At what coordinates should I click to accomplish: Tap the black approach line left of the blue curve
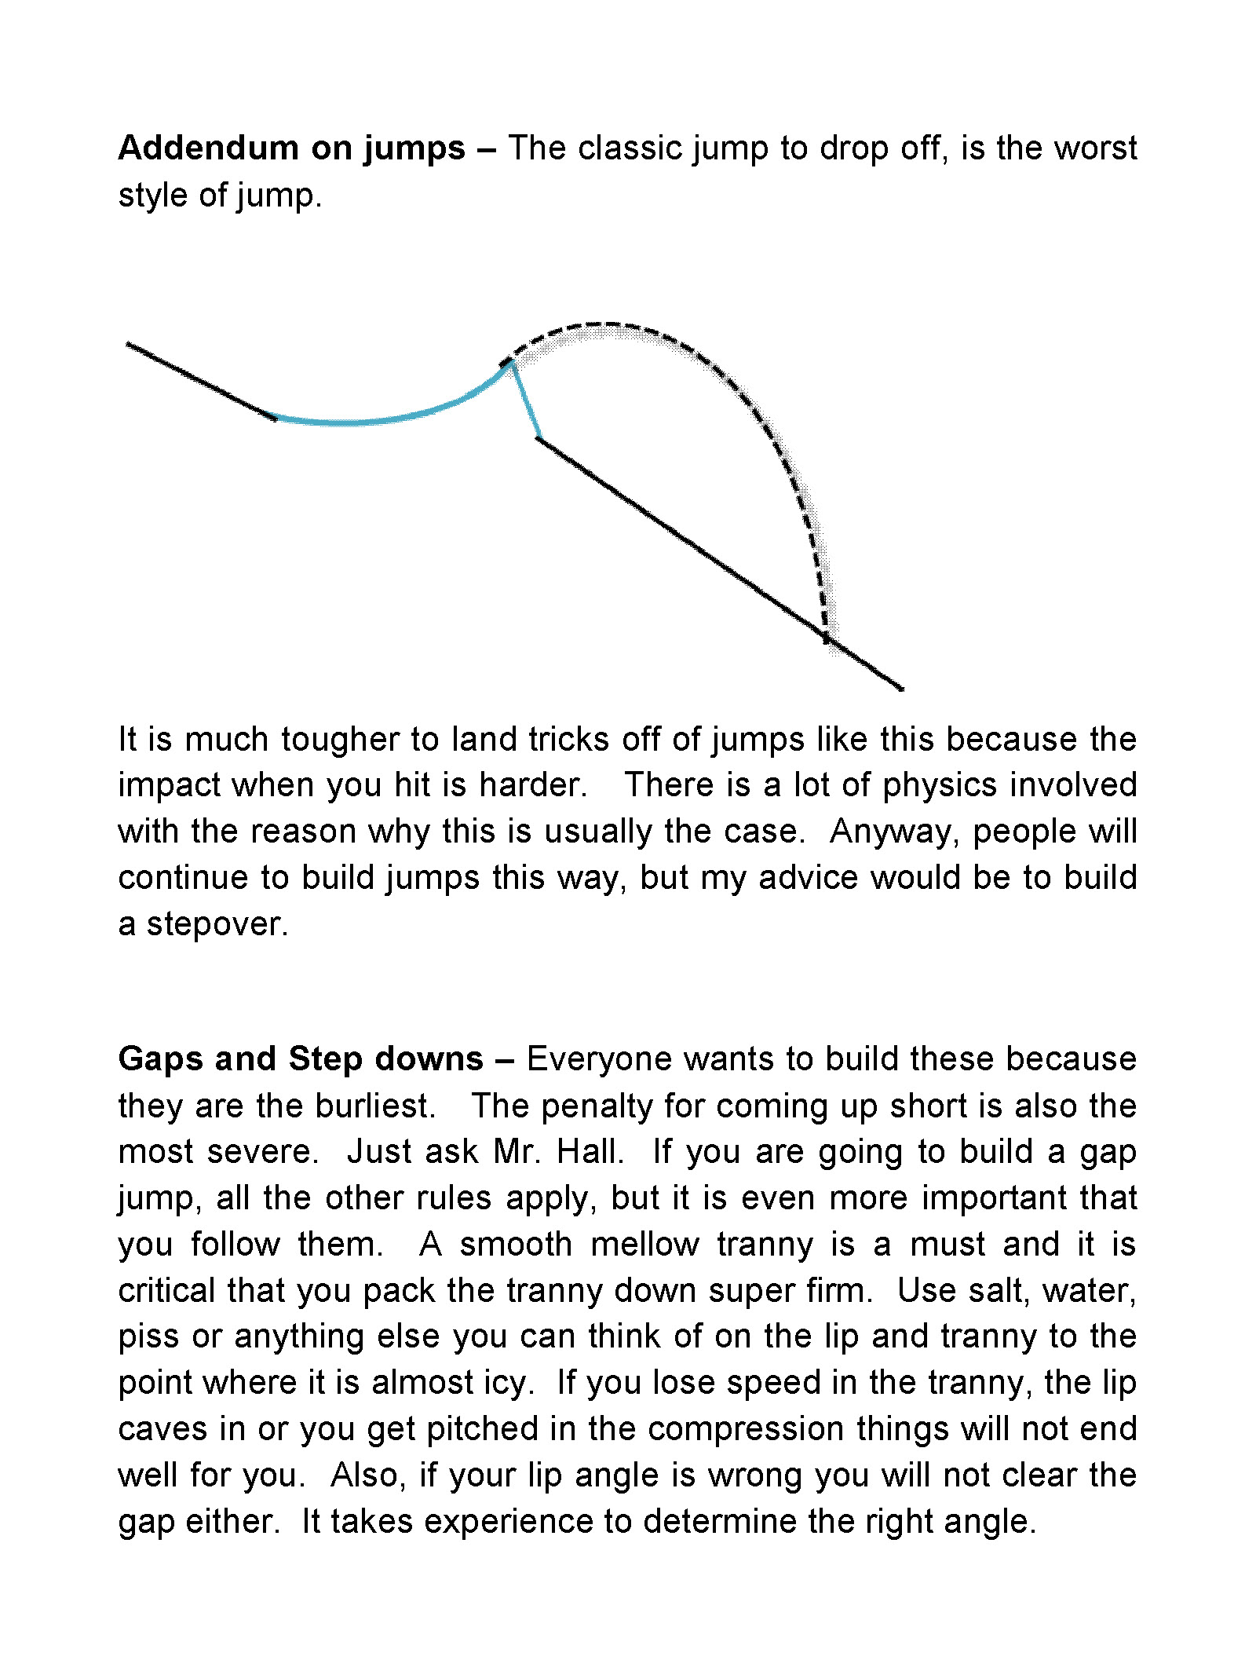pos(200,381)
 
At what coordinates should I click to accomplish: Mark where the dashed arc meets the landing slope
pos(826,638)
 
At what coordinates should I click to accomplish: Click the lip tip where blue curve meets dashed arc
pos(509,362)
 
